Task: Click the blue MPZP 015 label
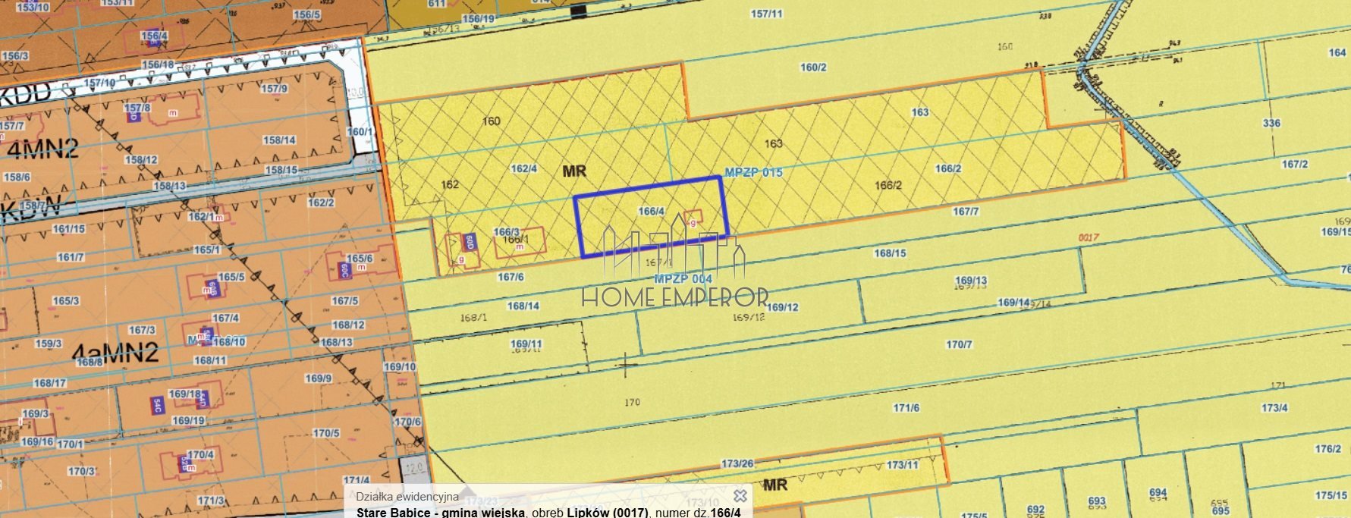[x=753, y=172]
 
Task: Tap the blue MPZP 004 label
[x=683, y=279]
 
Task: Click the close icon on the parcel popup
[x=740, y=496]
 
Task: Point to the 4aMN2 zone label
[x=115, y=353]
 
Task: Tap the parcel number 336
[x=1271, y=123]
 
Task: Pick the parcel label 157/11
[x=766, y=14]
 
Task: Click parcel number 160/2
[x=813, y=67]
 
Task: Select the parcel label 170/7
[x=959, y=344]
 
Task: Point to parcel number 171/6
[x=906, y=408]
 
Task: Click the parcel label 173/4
[x=1274, y=408]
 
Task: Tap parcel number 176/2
[x=1328, y=449]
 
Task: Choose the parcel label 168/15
[x=890, y=253]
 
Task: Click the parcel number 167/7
[x=966, y=212]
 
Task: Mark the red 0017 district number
[x=1089, y=237]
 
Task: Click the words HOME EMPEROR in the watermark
[x=675, y=297]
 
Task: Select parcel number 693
[x=1097, y=501]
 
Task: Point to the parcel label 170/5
[x=326, y=433]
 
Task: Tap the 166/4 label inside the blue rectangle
[x=652, y=211]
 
